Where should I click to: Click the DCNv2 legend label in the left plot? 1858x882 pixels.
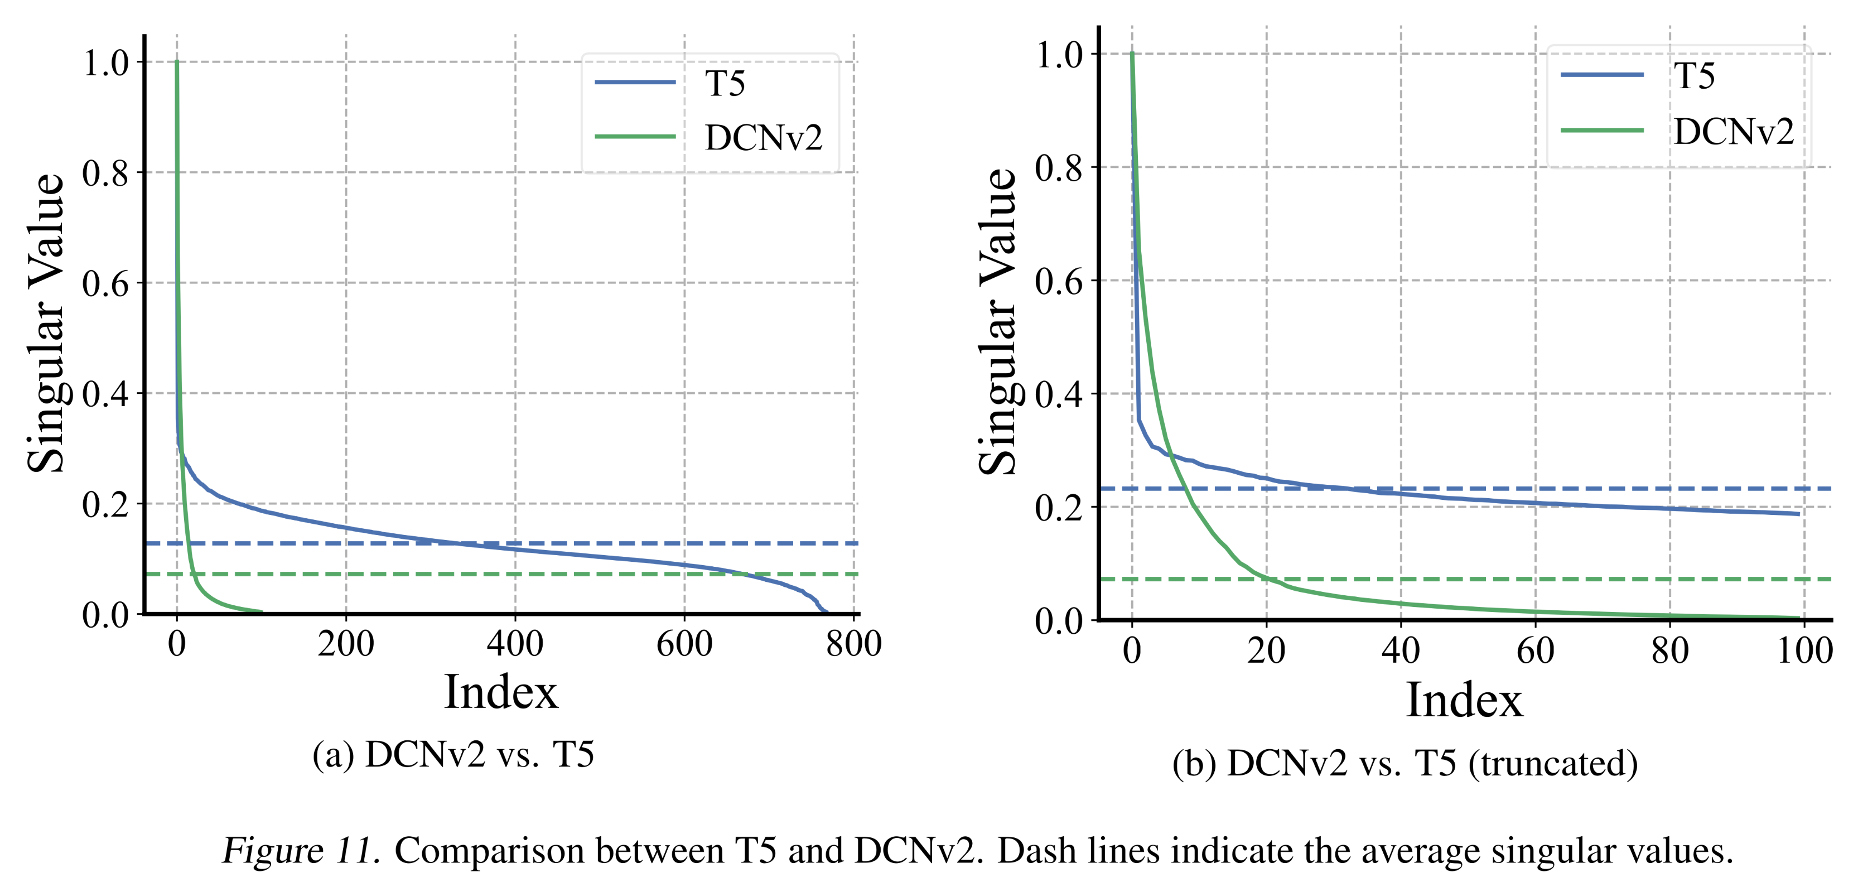[763, 137]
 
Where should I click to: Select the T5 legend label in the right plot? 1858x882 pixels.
[1693, 76]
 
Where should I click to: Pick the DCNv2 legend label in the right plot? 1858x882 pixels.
[1733, 131]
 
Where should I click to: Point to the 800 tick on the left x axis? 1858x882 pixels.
[853, 643]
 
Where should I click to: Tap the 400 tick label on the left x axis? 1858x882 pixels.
[515, 643]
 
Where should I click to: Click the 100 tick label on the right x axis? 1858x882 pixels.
[1804, 650]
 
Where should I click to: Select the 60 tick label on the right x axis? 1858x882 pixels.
[1535, 650]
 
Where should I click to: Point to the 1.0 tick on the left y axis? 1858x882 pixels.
[105, 62]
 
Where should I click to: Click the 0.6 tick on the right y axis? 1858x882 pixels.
[1058, 281]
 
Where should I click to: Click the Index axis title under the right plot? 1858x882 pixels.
[1464, 700]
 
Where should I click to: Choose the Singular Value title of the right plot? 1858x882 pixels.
[997, 322]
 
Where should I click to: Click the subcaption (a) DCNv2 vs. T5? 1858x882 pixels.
[453, 754]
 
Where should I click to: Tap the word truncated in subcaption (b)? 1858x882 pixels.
[1552, 763]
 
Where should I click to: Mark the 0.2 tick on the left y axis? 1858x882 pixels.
[105, 504]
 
